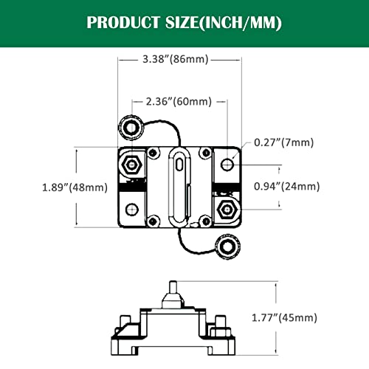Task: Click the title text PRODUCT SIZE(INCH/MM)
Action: coord(184,21)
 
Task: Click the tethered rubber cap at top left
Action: coord(132,128)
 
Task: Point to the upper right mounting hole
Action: coord(225,162)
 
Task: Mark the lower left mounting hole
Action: coord(131,209)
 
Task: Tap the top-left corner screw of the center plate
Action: coord(152,153)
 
